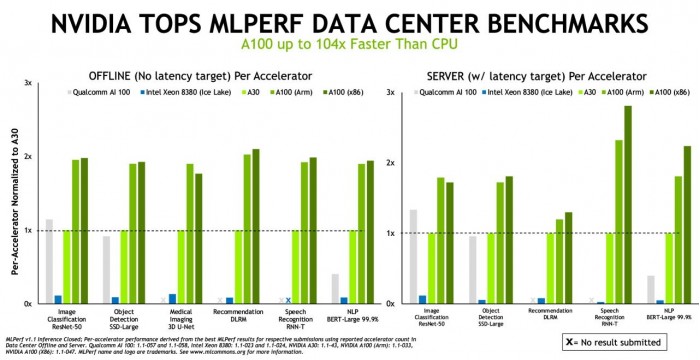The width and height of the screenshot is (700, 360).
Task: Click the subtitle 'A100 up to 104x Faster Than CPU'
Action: pos(350,46)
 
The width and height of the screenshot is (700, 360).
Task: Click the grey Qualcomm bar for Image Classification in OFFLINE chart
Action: pos(49,260)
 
